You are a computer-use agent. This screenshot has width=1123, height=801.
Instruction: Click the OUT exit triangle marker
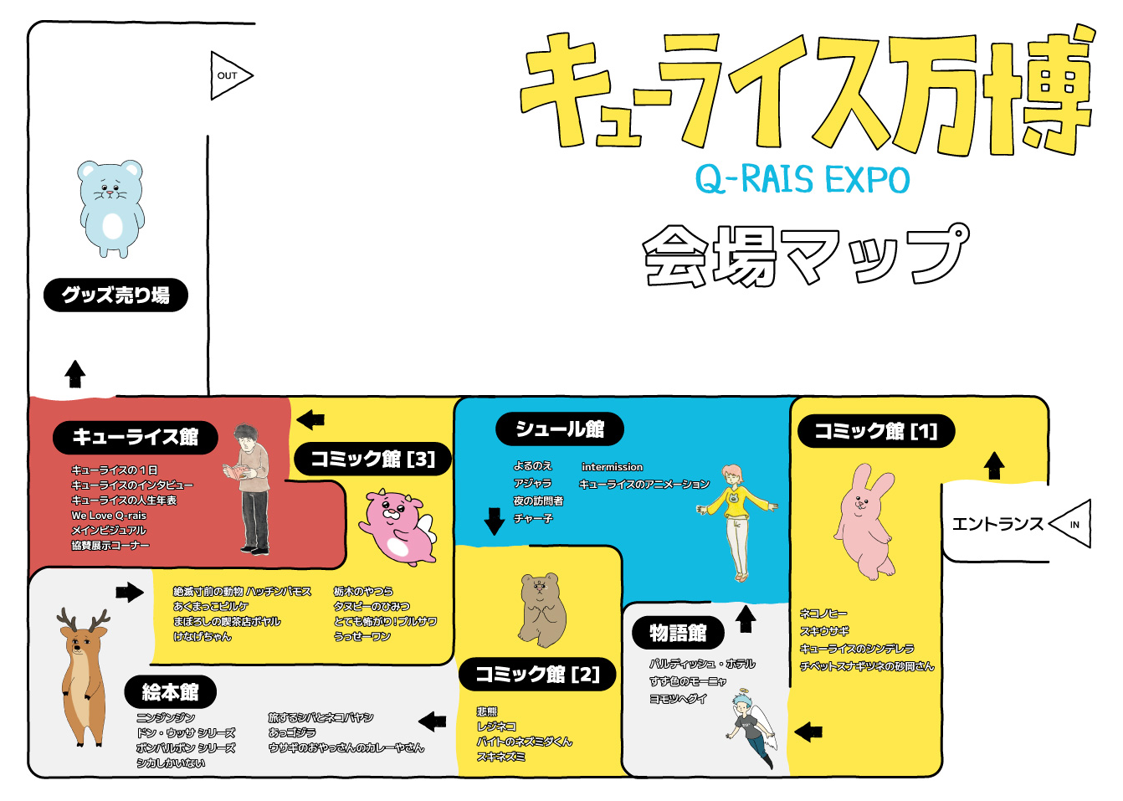(x=228, y=75)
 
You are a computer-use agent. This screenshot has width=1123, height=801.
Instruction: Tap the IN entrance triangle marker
(x=1073, y=524)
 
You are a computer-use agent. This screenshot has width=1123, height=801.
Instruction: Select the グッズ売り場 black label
(x=115, y=295)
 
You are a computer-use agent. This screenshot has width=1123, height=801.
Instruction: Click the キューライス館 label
(x=136, y=437)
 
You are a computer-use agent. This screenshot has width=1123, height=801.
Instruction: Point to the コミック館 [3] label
(x=373, y=459)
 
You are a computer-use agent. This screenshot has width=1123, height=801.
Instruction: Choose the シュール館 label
(x=560, y=429)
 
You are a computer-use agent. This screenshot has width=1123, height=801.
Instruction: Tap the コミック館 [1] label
(x=874, y=431)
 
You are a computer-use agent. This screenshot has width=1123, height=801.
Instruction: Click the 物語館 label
(x=678, y=633)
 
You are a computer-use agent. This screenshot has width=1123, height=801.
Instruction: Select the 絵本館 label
(x=171, y=692)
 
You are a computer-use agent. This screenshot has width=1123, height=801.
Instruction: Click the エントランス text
(x=997, y=524)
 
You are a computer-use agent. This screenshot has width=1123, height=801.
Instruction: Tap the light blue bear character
(x=111, y=208)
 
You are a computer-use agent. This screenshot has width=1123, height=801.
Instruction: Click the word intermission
(x=613, y=467)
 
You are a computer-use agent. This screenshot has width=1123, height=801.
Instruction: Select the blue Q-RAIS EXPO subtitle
(x=802, y=179)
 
